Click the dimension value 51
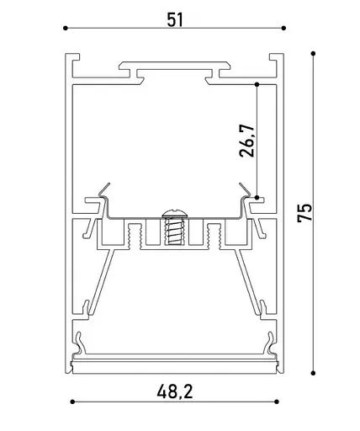pyautogui.click(x=175, y=19)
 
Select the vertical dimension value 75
pyautogui.click(x=307, y=213)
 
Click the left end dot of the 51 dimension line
pyautogui.click(x=66, y=29)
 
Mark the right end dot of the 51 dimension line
pyautogui.click(x=283, y=29)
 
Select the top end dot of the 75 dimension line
pyautogui.click(x=313, y=54)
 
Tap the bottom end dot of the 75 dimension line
pyautogui.click(x=313, y=371)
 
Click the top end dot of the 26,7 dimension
pyautogui.click(x=256, y=83)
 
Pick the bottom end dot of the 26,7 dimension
pyautogui.click(x=256, y=196)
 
